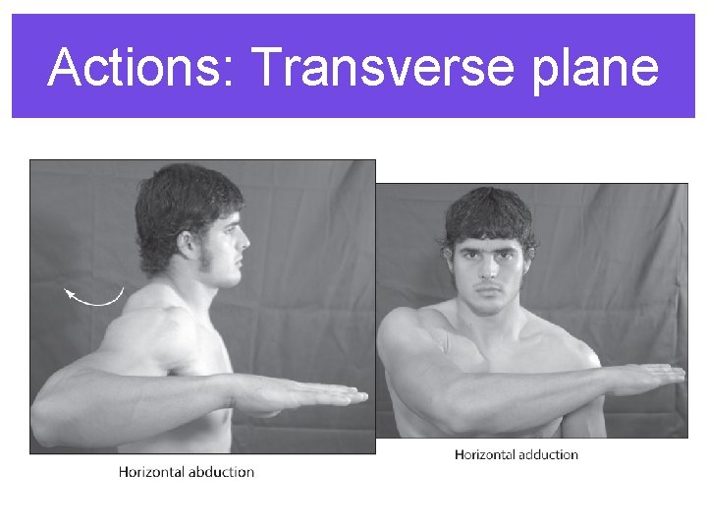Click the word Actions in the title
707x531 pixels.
(x=138, y=68)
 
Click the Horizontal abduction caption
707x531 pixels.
(x=187, y=472)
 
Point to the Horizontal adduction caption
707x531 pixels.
(x=517, y=455)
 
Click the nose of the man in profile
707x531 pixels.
(x=245, y=239)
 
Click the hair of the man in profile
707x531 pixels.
(x=182, y=197)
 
